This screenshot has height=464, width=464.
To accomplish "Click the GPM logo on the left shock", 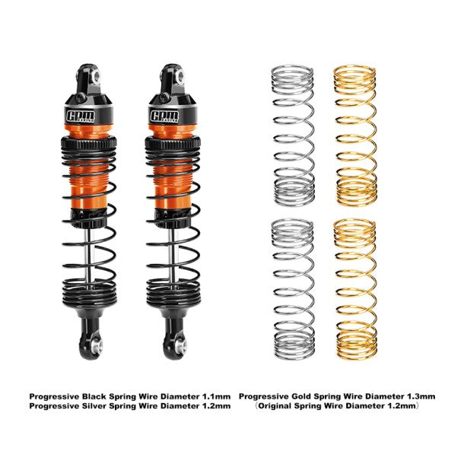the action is point(81,116).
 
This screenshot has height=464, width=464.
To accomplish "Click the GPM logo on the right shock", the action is point(164,116).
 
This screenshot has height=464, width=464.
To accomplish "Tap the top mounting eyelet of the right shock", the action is point(180,78).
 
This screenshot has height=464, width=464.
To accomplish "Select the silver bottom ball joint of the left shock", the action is point(97,345).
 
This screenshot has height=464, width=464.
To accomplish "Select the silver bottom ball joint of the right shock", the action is point(180,345).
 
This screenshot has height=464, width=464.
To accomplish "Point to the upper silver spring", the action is point(293,135).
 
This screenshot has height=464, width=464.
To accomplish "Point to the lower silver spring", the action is point(293,289).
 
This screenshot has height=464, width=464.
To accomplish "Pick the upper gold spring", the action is point(355,135).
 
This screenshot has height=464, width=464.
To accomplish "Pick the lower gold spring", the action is point(355,289).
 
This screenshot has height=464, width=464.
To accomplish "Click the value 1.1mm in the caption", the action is point(216,396).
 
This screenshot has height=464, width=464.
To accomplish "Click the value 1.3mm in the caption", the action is point(421,396).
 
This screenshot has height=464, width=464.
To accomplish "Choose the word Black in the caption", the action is point(94,396).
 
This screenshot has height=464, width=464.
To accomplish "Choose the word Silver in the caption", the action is point(94,405).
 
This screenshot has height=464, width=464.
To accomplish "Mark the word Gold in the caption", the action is point(300,396).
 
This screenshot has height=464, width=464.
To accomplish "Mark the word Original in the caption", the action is point(275,405).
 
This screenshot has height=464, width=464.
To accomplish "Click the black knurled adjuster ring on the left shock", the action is point(89,143).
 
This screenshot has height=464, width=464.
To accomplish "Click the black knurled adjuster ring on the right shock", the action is point(173,143).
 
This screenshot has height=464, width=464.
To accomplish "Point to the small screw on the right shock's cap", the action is point(164,97).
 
